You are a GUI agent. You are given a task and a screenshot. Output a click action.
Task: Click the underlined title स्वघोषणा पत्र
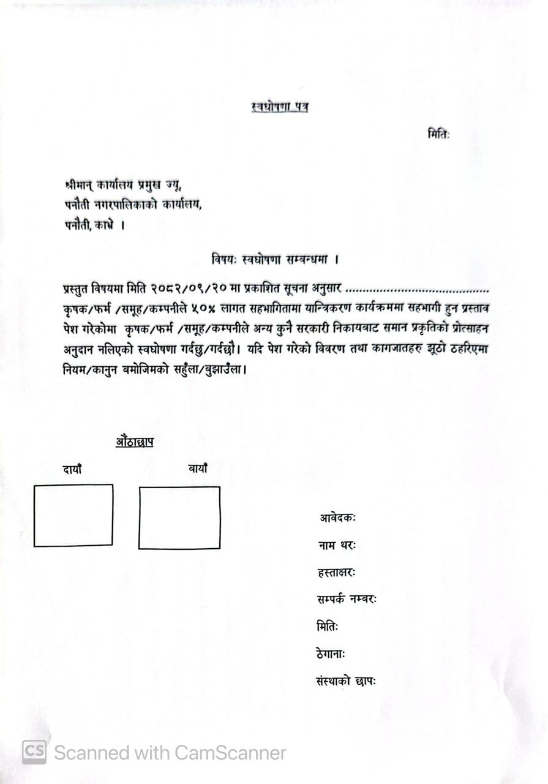click(x=280, y=107)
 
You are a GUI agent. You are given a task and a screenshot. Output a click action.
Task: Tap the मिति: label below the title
click(x=438, y=135)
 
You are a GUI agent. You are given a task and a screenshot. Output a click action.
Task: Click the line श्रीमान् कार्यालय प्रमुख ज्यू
click(x=123, y=184)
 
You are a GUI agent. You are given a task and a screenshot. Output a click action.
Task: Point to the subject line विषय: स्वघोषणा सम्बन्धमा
click(x=276, y=259)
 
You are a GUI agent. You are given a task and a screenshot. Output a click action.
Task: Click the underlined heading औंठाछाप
click(x=134, y=441)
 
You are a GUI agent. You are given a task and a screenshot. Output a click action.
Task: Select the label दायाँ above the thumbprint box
click(x=72, y=470)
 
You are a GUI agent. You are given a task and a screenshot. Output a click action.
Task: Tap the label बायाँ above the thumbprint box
click(x=197, y=469)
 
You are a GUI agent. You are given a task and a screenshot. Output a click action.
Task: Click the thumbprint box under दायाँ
click(x=73, y=515)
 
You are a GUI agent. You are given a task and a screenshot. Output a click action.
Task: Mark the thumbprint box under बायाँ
click(x=179, y=518)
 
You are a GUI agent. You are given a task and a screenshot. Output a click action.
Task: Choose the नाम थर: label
click(x=337, y=545)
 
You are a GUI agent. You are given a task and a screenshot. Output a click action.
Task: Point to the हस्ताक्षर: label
click(x=336, y=573)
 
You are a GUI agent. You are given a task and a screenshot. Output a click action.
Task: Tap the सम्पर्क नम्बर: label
click(x=347, y=600)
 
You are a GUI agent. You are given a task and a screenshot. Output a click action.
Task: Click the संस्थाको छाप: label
click(x=346, y=681)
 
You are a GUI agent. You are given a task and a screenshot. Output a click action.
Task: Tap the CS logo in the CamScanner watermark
click(x=34, y=752)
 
